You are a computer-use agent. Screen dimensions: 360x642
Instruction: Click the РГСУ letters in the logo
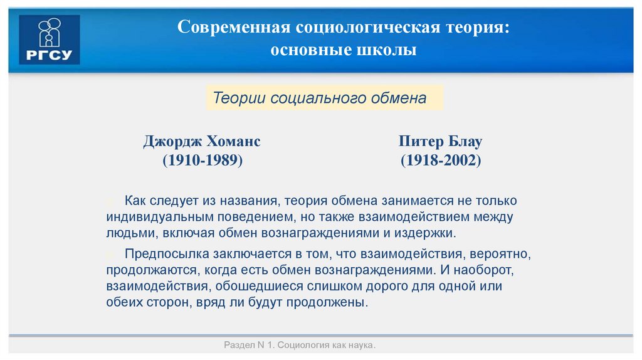[x=50, y=55]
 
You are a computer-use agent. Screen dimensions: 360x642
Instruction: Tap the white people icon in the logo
[x=50, y=33]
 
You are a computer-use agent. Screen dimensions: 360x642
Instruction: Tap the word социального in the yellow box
[x=310, y=98]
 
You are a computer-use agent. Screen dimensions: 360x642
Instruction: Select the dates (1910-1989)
[x=203, y=161]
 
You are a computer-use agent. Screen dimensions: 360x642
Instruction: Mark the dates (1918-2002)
[x=441, y=161]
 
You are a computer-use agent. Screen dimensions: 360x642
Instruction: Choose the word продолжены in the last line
[x=334, y=302]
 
